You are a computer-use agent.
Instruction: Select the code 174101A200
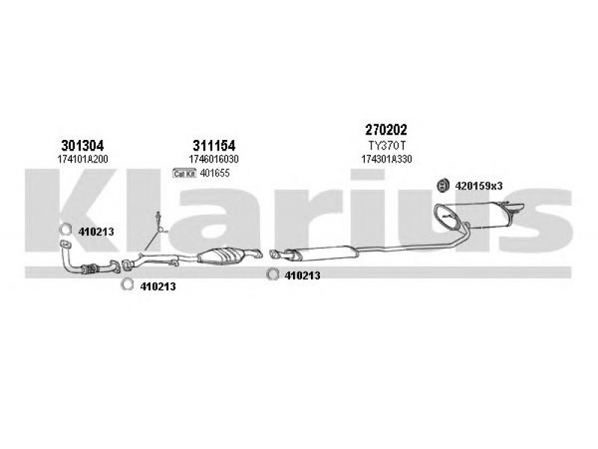(82, 159)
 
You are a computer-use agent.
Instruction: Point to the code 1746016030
(214, 159)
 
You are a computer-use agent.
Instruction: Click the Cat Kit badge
(183, 174)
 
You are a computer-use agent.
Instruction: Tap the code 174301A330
(386, 159)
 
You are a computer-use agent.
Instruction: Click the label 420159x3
(478, 185)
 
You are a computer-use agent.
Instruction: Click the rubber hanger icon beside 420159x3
(441, 185)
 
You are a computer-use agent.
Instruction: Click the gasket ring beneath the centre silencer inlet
(273, 275)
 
